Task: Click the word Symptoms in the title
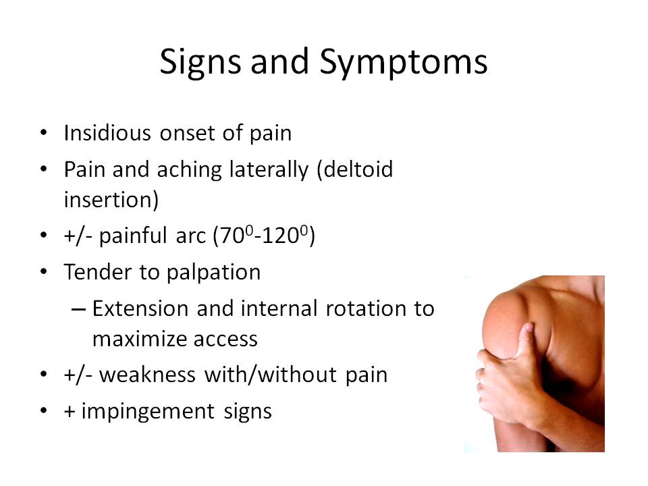pos(404,63)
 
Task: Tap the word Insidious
pos(107,133)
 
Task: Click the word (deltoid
pos(354,169)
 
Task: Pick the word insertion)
pos(111,200)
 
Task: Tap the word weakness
pos(147,375)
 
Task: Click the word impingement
pos(148,412)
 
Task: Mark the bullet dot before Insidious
pos(44,133)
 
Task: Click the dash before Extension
pos(78,309)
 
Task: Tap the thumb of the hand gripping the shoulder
pos(523,339)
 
